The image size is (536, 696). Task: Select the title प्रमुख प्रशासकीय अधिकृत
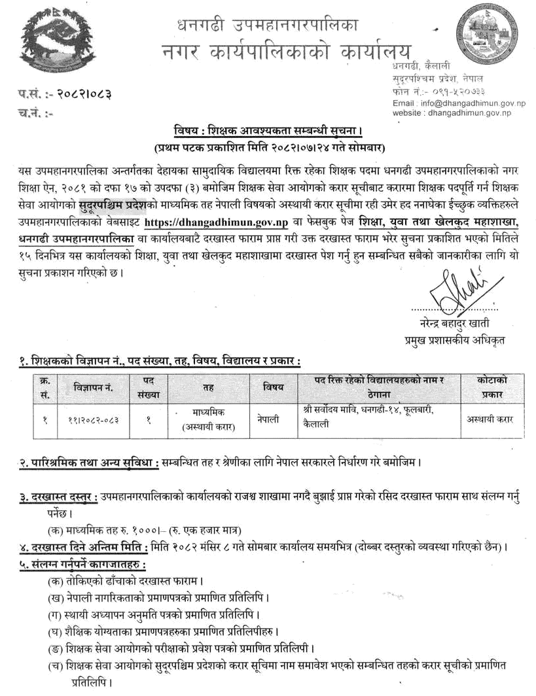click(456, 340)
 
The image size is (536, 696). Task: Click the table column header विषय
click(273, 387)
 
